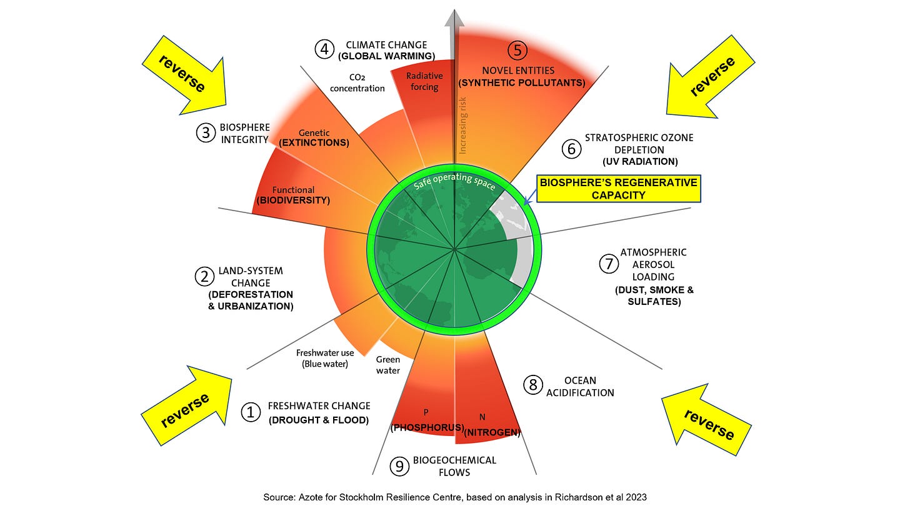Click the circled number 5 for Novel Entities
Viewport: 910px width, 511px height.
517,50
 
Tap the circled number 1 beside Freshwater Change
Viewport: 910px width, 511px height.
251,412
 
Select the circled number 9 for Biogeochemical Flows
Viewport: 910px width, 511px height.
398,466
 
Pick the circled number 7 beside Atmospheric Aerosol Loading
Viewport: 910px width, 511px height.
608,264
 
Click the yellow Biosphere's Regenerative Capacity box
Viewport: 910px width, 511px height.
618,189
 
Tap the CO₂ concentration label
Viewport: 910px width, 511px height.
358,82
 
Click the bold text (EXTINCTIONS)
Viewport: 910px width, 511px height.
314,143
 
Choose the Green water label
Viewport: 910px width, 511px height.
387,365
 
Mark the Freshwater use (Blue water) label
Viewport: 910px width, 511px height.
325,358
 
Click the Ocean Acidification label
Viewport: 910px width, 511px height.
580,387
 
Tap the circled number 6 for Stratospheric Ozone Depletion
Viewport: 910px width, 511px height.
571,149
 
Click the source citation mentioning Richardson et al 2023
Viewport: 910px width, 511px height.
454,498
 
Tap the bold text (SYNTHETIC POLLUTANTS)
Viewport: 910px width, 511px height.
522,82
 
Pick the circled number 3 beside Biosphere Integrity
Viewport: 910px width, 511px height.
206,133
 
